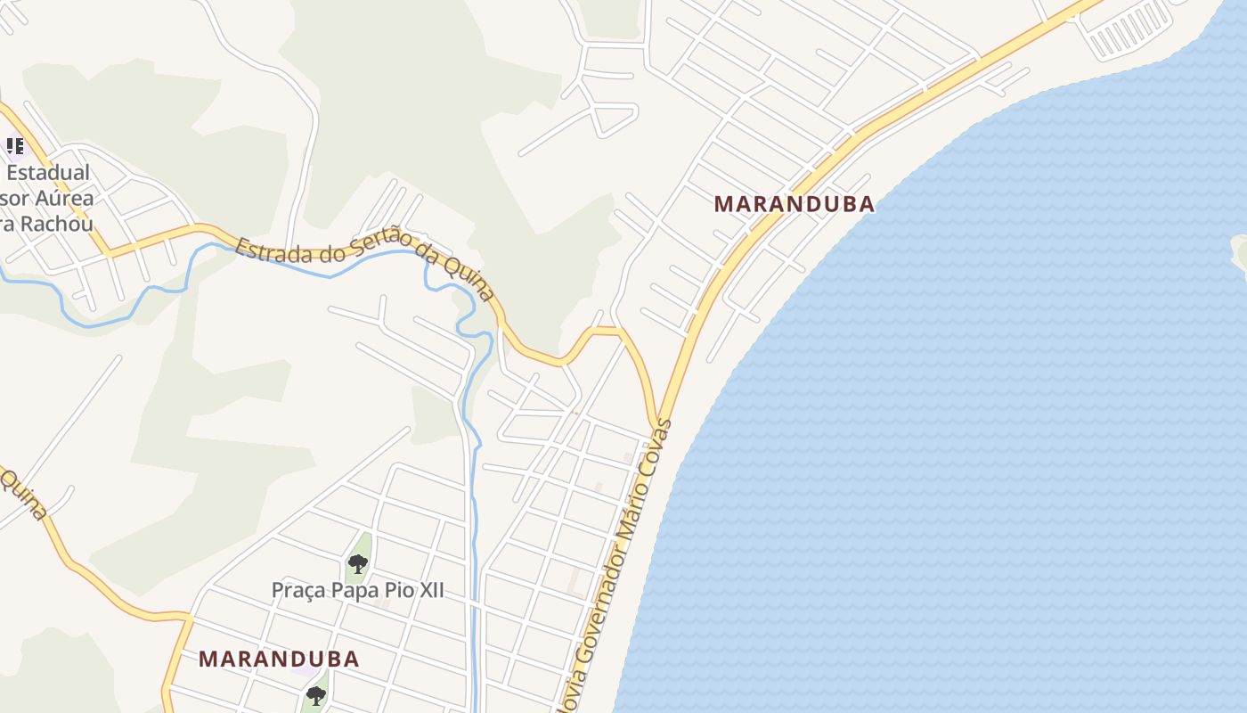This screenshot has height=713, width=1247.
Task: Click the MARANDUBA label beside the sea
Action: [x=794, y=204]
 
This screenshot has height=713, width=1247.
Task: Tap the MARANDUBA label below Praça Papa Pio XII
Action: [x=279, y=660]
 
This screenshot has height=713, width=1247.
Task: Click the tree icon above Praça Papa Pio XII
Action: [x=358, y=563]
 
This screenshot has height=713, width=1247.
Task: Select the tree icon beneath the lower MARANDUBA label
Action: [x=315, y=694]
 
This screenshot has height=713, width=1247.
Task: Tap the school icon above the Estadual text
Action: [x=14, y=145]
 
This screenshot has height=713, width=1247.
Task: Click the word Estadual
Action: [x=48, y=172]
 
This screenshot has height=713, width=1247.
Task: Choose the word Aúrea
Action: [x=64, y=198]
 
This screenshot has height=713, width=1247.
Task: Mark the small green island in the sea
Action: [x=1239, y=252]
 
